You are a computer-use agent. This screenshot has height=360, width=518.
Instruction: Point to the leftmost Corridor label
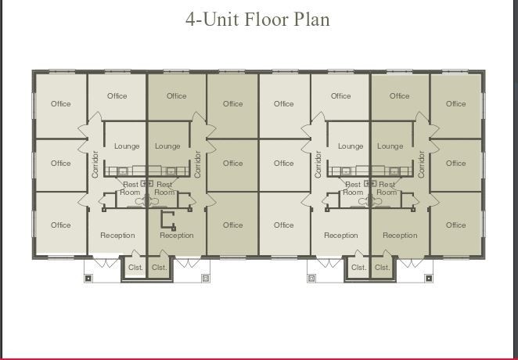coord(95,164)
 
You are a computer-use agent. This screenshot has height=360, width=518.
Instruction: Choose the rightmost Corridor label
coord(422,164)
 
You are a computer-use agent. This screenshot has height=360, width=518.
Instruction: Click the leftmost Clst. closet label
coord(135,267)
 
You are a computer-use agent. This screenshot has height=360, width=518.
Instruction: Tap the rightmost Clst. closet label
coord(382,267)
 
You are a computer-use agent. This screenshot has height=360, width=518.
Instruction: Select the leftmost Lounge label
coord(126,146)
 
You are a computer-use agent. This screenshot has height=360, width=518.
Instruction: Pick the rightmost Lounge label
coord(390,146)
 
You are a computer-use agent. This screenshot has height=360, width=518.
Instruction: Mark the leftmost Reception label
coord(117,235)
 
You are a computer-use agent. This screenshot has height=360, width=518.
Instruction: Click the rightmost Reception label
coord(400,235)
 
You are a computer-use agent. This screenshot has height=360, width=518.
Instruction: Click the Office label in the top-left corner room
coord(60,103)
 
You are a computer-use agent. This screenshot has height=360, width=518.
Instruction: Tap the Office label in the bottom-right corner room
coord(456,225)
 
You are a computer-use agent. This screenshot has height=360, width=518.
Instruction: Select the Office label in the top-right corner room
coord(456,103)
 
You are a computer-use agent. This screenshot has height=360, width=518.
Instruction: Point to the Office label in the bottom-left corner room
coord(60,225)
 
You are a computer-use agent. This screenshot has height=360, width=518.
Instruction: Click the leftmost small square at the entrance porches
coord(88,278)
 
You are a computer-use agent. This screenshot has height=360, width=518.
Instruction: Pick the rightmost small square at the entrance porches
coord(429,278)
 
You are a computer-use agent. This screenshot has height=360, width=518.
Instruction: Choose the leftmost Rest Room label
coord(130,189)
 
